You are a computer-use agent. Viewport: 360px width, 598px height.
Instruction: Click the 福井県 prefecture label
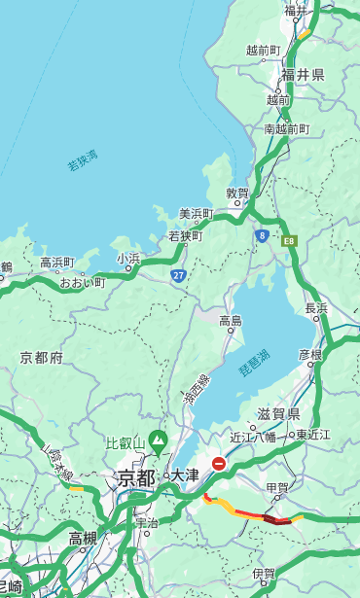tap(303, 75)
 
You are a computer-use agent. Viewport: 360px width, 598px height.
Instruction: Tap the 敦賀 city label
tap(238, 193)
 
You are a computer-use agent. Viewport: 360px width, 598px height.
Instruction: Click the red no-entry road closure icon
tap(219, 465)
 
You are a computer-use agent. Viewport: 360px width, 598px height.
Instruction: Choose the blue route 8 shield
tap(262, 235)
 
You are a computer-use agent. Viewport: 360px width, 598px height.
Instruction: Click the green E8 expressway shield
tap(288, 240)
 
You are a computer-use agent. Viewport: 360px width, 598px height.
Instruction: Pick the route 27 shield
tap(179, 275)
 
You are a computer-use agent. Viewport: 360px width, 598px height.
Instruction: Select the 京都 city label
tap(135, 477)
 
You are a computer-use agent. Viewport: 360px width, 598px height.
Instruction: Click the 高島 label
tap(231, 321)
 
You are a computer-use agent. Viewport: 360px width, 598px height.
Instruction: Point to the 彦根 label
tap(309, 355)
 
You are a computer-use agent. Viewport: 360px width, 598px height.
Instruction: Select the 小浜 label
tap(128, 259)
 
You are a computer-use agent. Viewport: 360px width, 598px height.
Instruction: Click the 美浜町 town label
tap(196, 214)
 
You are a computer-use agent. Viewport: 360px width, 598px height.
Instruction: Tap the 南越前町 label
tap(286, 128)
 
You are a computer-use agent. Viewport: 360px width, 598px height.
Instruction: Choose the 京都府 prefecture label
tap(42, 358)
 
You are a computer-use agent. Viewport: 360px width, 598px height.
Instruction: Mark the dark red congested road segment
tap(276, 520)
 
